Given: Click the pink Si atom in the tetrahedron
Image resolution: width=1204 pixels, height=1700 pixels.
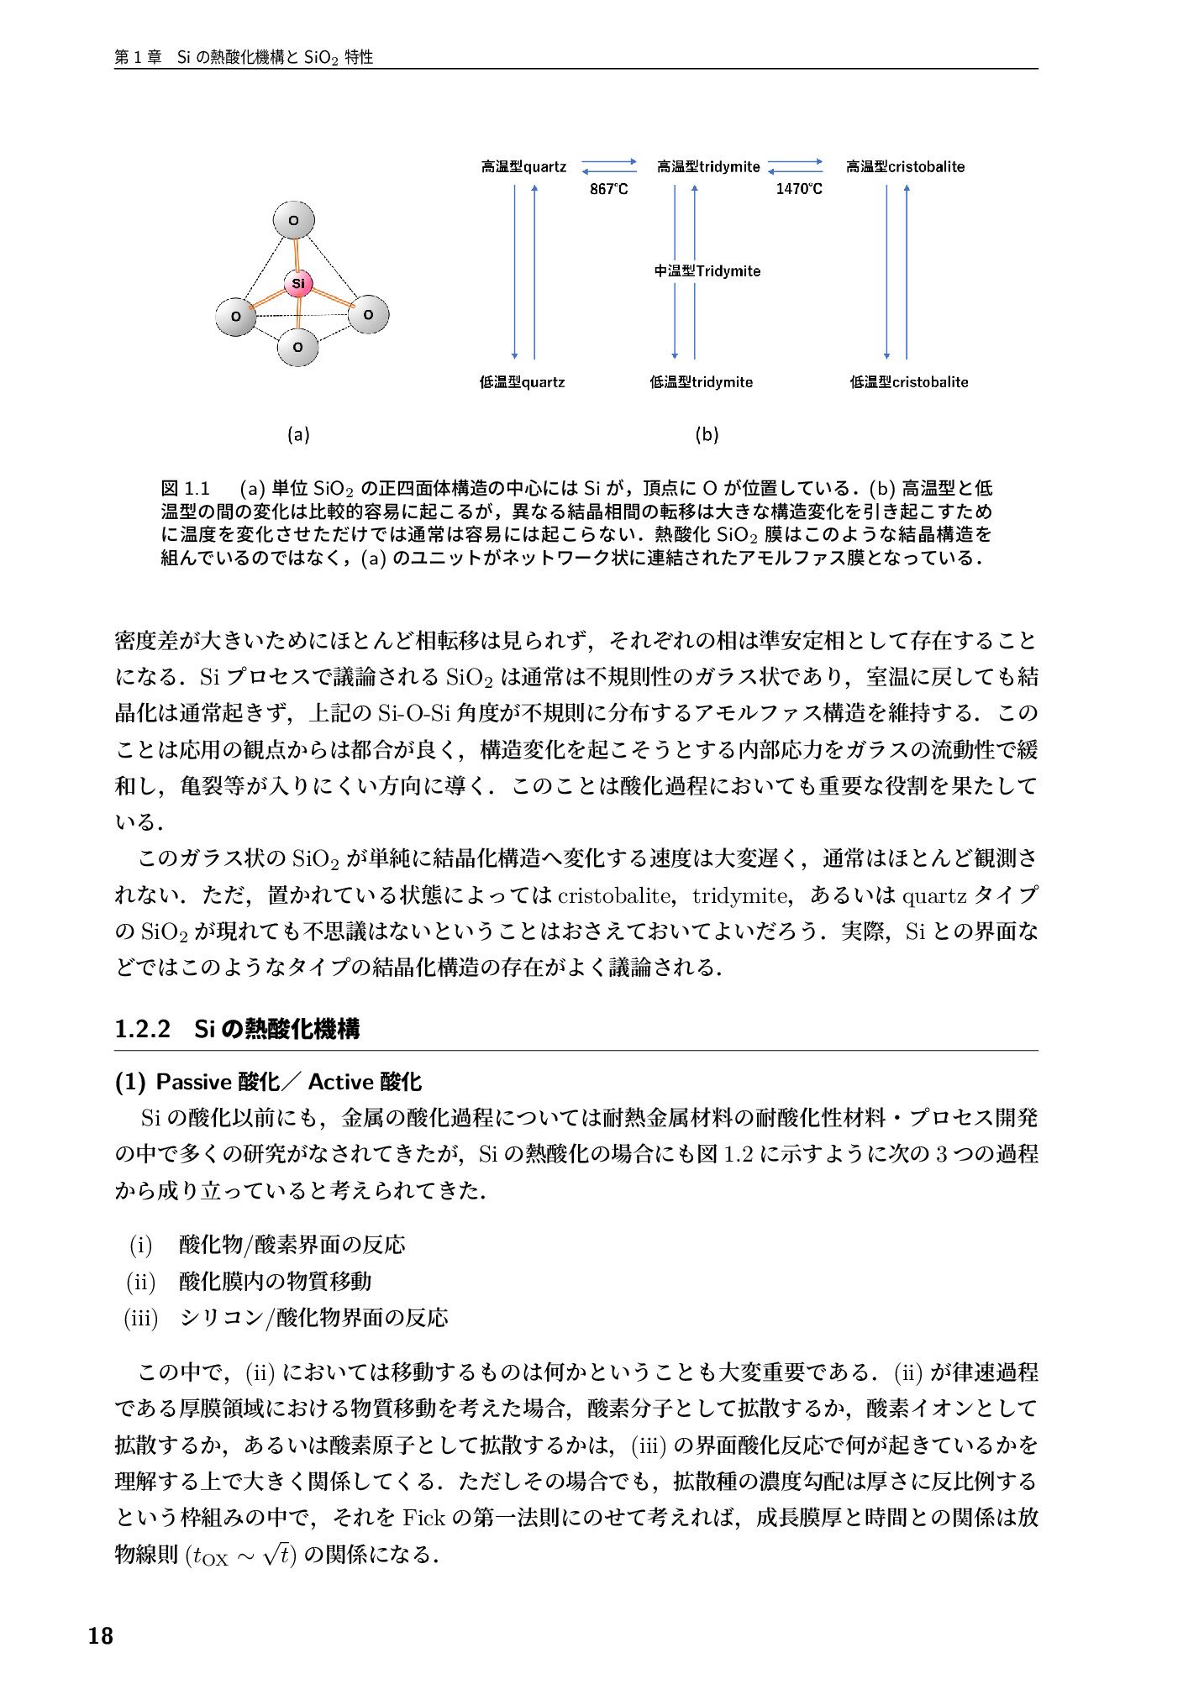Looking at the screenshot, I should tap(298, 284).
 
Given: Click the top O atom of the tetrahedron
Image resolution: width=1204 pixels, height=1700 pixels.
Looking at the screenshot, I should tap(293, 221).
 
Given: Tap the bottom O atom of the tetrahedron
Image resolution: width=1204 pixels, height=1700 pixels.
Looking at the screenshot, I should tap(297, 347).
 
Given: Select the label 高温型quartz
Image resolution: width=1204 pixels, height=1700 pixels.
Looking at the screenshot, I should tap(523, 167).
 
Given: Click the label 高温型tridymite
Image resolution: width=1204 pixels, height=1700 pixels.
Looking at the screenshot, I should tap(708, 167).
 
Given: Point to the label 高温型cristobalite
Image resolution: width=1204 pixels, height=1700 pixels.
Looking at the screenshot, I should tap(905, 167).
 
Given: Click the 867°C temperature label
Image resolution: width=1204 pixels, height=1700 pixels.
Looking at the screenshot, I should tap(608, 189).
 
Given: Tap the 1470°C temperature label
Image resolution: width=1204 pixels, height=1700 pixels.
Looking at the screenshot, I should tap(798, 189).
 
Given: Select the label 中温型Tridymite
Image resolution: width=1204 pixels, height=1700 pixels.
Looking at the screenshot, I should tap(707, 271).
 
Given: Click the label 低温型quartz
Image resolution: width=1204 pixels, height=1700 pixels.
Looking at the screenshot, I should tap(522, 383).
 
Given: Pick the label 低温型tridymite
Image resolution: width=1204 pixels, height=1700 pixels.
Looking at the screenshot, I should tap(701, 383).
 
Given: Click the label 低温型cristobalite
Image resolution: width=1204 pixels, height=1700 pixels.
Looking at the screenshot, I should tap(908, 383).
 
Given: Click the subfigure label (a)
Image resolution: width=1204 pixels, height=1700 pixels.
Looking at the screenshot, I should tap(298, 435).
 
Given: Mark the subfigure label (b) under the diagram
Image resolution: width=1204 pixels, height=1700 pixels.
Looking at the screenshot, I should tap(707, 435).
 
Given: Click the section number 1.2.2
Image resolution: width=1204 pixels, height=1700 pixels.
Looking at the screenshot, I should tap(143, 1029).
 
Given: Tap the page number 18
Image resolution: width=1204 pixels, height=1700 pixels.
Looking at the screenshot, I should tap(100, 1636).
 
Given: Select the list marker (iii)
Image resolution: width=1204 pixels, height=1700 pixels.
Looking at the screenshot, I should tap(141, 1318).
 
